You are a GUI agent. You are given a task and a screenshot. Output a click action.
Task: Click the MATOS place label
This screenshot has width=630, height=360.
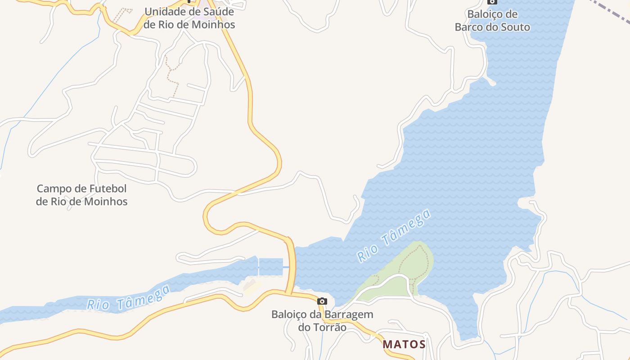pyautogui.click(x=404, y=344)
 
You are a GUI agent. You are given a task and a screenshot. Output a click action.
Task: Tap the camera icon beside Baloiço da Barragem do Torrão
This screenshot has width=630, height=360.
pyautogui.click(x=322, y=301)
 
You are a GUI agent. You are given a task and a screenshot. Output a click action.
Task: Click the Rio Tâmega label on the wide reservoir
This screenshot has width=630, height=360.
pyautogui.click(x=393, y=236)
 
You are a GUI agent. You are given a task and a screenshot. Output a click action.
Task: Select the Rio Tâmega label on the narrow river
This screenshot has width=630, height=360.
pyautogui.click(x=129, y=297)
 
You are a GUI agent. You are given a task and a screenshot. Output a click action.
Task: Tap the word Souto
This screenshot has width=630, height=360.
pyautogui.click(x=516, y=27)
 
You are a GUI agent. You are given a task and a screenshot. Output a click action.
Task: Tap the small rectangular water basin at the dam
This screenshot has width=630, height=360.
pyautogui.click(x=271, y=267)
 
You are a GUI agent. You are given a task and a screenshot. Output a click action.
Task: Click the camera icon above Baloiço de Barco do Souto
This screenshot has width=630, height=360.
pyautogui.click(x=492, y=2)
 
